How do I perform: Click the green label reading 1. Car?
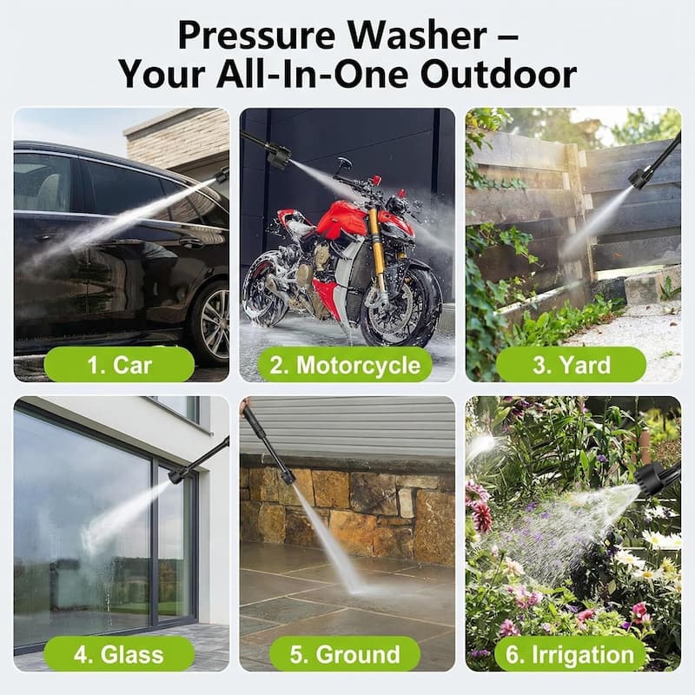pos(118,365)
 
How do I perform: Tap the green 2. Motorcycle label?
pos(346,365)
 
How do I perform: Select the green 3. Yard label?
pos(570,365)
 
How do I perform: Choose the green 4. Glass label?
pos(118,653)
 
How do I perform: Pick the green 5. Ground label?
pos(346,653)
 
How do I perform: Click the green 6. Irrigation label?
pos(570,653)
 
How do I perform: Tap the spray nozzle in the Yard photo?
pos(640,177)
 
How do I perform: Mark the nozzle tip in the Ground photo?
pos(287,475)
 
